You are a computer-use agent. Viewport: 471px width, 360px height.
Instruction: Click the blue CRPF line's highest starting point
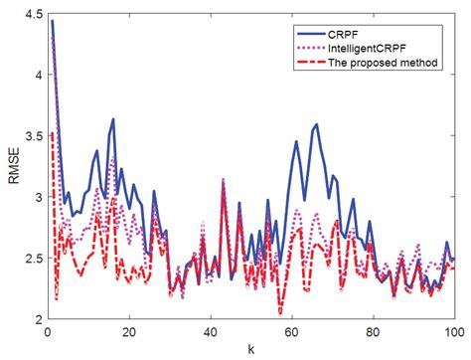click(51, 21)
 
